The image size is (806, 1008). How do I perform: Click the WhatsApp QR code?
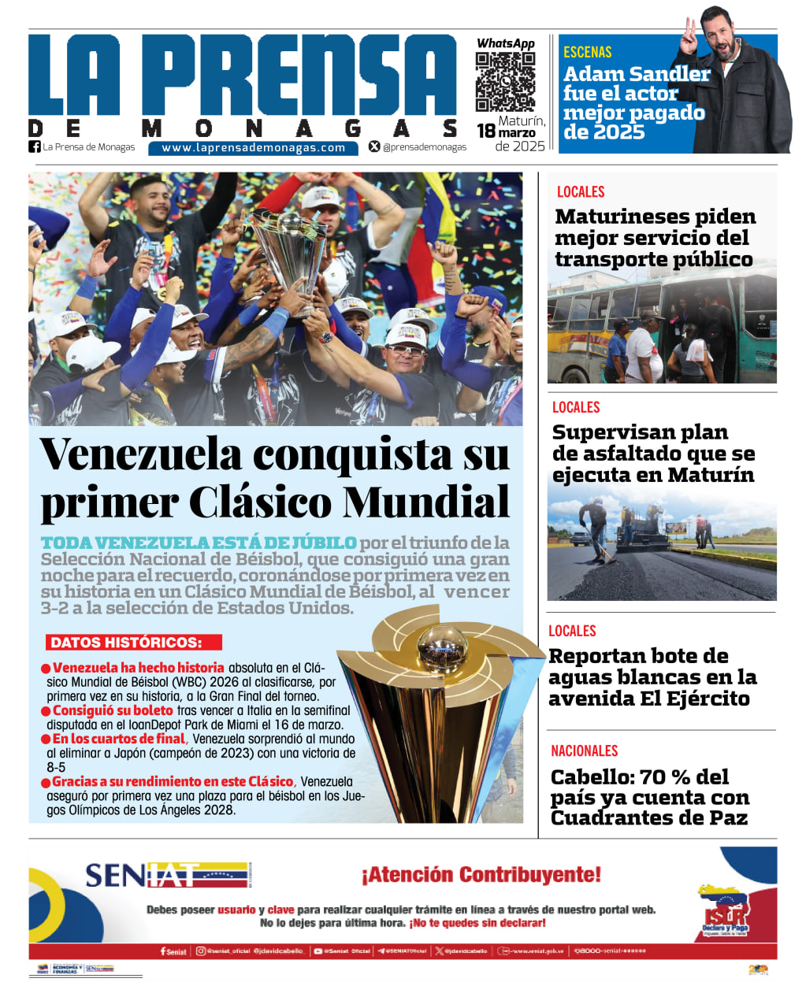505,81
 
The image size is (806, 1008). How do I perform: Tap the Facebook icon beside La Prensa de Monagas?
35,146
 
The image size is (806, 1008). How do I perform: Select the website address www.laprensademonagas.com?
253,147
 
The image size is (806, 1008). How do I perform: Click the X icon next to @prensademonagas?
374,146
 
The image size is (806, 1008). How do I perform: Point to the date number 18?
486,132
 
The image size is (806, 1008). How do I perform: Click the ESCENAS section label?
587,53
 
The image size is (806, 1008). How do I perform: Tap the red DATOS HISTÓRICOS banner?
133,643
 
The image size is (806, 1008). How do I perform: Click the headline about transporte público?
654,238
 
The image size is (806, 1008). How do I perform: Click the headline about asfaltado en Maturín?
652,454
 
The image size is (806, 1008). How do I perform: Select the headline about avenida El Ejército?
652,677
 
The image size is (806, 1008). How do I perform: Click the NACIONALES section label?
584,751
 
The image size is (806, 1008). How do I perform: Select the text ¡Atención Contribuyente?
481,875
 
